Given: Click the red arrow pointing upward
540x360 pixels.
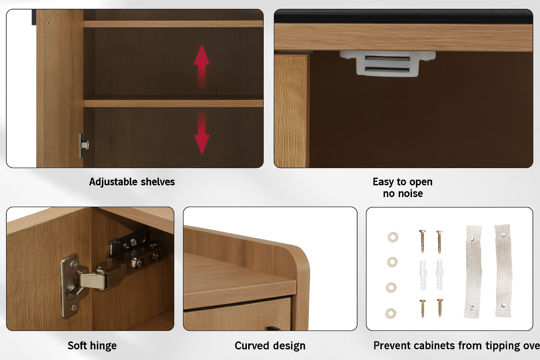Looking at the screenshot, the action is click(x=201, y=65).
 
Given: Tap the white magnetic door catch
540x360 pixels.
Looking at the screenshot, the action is click(x=388, y=63).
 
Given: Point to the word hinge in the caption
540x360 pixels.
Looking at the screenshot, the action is click(x=103, y=346).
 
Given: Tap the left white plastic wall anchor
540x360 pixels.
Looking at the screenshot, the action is click(x=423, y=275).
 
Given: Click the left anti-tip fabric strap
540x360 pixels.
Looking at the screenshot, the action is click(x=473, y=271).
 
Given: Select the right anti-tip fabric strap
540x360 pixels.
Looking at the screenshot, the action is click(x=503, y=271).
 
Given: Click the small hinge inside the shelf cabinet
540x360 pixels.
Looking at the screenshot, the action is click(x=83, y=146).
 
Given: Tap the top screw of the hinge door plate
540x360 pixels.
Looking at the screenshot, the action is click(x=73, y=264).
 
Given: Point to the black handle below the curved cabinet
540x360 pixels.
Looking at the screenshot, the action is click(x=274, y=328).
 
